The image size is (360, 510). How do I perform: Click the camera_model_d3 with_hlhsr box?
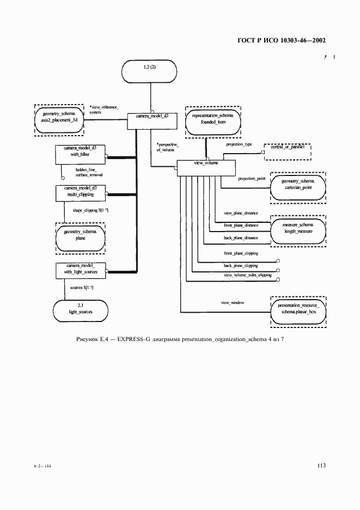pos(80,155)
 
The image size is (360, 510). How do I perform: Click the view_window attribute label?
pos(232,302)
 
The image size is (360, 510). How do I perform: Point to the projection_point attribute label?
pos(252,179)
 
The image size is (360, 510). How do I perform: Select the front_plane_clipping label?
pos(241,254)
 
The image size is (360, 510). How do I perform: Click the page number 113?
pos(321,465)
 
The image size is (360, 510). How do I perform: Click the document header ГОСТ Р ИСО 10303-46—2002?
pos(282,41)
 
